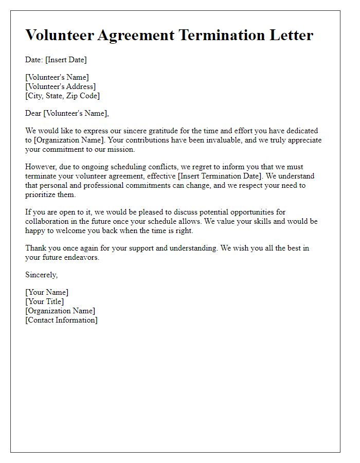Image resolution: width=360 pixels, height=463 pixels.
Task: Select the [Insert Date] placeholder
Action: point(66,60)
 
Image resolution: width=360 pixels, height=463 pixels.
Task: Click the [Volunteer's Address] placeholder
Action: point(60,86)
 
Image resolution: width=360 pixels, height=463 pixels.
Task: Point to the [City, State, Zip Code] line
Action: point(62,96)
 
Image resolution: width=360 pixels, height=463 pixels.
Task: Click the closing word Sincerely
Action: point(42,275)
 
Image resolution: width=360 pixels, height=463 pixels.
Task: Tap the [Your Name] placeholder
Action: point(47,293)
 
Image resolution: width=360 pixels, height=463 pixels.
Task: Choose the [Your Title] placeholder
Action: point(45,301)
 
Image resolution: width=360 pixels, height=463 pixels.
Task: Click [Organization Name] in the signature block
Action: point(60,311)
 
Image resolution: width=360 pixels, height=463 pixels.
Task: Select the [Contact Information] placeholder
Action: point(61,320)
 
